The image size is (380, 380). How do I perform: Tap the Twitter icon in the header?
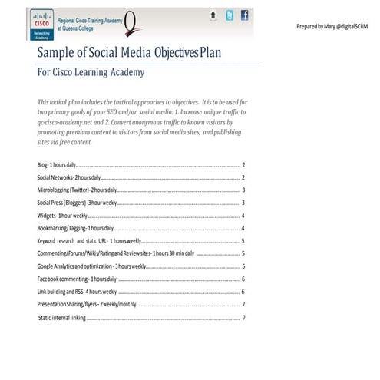tap(228, 15)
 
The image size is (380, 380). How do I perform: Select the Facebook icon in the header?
tap(244, 15)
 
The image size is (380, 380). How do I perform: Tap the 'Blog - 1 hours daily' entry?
tap(56, 165)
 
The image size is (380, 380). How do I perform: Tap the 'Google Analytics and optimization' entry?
tap(91, 266)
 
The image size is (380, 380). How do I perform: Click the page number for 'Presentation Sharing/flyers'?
tap(243, 305)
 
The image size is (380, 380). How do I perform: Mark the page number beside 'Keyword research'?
tap(243, 241)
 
